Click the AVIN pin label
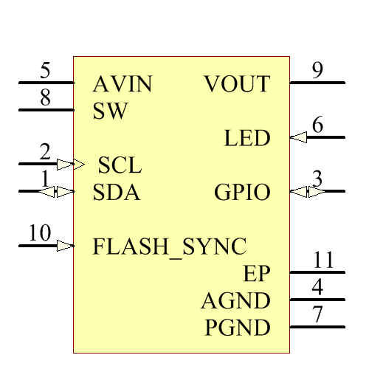click(123, 85)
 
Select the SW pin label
click(111, 111)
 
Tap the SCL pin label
click(120, 165)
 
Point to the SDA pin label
click(117, 193)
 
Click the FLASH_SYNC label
click(169, 246)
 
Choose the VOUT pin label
click(237, 85)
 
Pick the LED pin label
click(247, 138)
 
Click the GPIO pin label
click(242, 193)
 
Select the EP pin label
click(257, 274)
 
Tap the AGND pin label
click(235, 301)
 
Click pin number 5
click(45, 72)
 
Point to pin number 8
click(45, 98)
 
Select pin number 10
click(40, 233)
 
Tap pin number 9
click(317, 71)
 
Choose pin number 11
click(323, 260)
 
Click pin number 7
click(317, 314)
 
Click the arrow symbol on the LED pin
click(298, 137)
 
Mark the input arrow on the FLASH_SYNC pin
click(66, 245)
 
